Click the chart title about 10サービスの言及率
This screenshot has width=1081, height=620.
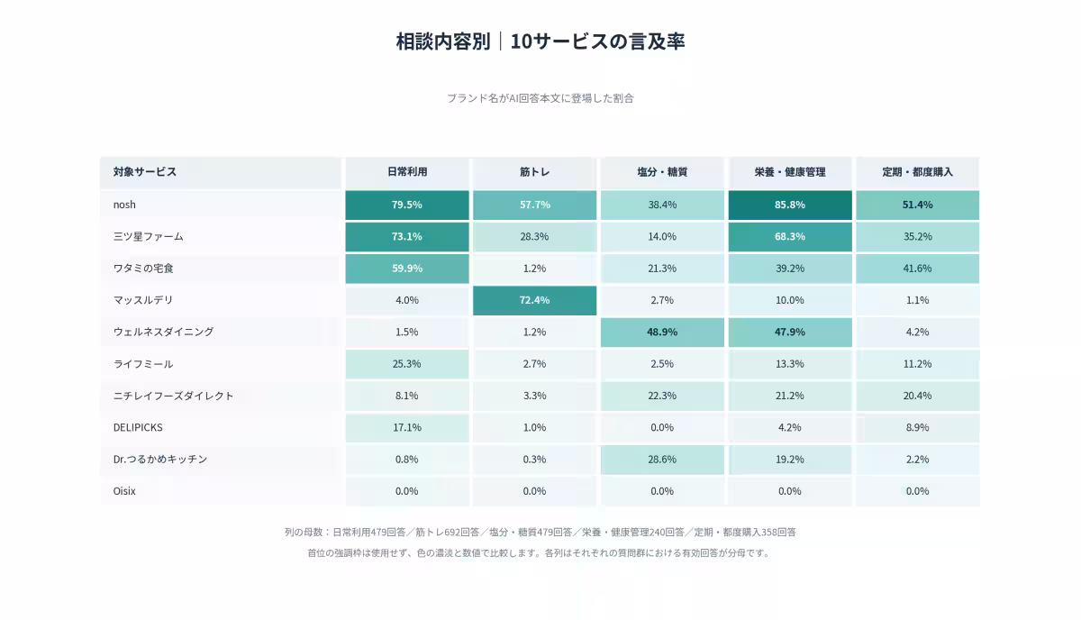coord(540,41)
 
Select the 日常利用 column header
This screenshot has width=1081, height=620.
coord(407,172)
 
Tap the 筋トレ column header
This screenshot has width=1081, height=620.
coord(535,172)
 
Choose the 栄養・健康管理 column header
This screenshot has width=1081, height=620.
coord(790,172)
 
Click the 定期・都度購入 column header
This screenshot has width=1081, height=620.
coord(917,172)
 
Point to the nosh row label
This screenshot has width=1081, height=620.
coord(124,205)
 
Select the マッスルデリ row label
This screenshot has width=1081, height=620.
coord(143,300)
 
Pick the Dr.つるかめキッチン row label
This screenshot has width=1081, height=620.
coord(160,460)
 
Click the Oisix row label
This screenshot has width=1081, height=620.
coord(124,491)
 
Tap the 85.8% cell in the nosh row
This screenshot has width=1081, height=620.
coord(790,205)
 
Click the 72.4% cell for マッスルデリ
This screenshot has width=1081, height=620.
coord(535,300)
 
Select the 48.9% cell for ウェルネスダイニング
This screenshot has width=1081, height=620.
coord(662,333)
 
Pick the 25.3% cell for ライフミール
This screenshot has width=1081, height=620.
coord(407,364)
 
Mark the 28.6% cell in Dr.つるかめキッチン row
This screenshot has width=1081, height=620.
coord(662,460)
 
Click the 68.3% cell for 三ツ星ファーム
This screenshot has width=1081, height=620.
coord(790,237)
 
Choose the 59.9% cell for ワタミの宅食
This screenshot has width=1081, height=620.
coord(407,269)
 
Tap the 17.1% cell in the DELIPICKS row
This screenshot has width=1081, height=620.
coord(407,428)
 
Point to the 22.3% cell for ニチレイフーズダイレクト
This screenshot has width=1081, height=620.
coord(662,396)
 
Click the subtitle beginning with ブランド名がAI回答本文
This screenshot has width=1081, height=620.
coord(540,98)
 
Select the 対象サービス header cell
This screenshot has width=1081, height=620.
coord(221,172)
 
